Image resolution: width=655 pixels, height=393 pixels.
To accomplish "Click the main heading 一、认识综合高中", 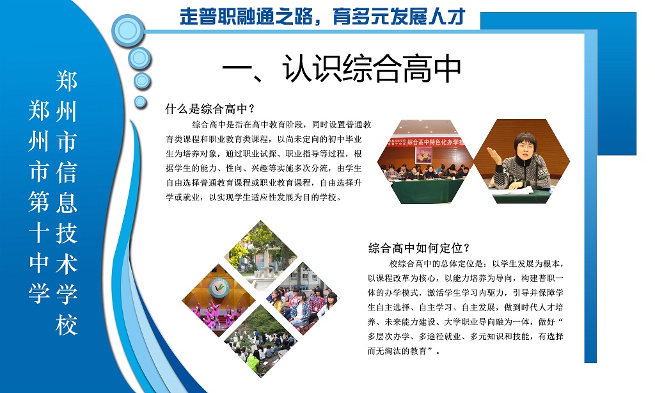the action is [342, 68].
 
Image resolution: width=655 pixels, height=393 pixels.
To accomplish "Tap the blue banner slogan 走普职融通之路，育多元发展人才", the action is [322, 17].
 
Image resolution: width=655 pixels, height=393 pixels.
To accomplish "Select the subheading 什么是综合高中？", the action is [210, 109].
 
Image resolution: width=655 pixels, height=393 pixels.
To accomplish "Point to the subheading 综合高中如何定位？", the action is [419, 248].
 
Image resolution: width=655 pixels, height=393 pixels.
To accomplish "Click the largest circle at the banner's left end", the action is [128, 31].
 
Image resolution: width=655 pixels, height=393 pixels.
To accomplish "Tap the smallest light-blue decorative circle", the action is [140, 102].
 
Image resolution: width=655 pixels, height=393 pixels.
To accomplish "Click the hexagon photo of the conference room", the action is [425, 161].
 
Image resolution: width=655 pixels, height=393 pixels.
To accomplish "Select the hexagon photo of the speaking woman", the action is [522, 161].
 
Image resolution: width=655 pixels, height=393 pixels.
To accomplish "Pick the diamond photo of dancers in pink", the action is [219, 300].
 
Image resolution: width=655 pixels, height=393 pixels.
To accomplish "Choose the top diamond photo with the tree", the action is [261, 256].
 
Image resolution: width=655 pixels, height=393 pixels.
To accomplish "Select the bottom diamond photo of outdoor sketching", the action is [261, 341].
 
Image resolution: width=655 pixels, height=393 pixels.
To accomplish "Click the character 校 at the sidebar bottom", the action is [67, 325].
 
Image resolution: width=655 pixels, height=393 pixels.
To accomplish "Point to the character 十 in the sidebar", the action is [39, 232].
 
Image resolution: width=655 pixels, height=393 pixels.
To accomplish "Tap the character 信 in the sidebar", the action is [67, 172].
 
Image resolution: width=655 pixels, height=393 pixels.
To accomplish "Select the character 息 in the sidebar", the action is [67, 202].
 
